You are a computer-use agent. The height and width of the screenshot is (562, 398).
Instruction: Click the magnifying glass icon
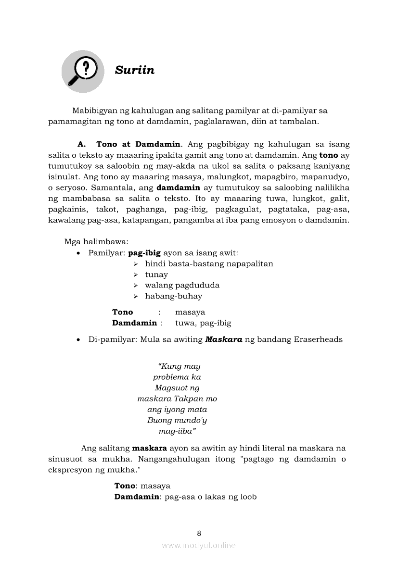pyautogui.click(x=83, y=71)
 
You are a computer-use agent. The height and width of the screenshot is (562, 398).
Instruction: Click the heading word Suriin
pyautogui.click(x=135, y=70)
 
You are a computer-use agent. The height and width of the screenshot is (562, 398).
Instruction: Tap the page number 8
pyautogui.click(x=199, y=533)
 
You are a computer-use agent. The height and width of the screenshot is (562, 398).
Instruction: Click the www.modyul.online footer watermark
pyautogui.click(x=199, y=545)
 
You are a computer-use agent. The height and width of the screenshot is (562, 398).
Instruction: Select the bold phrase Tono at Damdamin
pyautogui.click(x=138, y=144)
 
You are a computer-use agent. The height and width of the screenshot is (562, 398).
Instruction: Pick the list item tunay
pyautogui.click(x=156, y=275)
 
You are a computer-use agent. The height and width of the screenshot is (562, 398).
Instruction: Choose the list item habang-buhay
pyautogui.click(x=173, y=296)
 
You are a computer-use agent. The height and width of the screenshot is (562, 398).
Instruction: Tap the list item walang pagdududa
pyautogui.click(x=182, y=285)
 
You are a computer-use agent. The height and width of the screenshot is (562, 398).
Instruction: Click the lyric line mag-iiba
pyautogui.click(x=177, y=431)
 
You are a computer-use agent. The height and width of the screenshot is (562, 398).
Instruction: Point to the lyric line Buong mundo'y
pyautogui.click(x=177, y=420)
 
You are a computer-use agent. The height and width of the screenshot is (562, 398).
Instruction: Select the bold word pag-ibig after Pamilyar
pyautogui.click(x=144, y=253)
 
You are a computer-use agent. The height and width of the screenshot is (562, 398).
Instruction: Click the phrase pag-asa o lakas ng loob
pyautogui.click(x=210, y=497)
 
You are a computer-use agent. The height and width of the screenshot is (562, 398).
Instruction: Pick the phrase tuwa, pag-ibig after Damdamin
pyautogui.click(x=203, y=323)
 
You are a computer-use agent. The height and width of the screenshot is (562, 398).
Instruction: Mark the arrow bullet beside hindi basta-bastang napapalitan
pyautogui.click(x=136, y=264)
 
